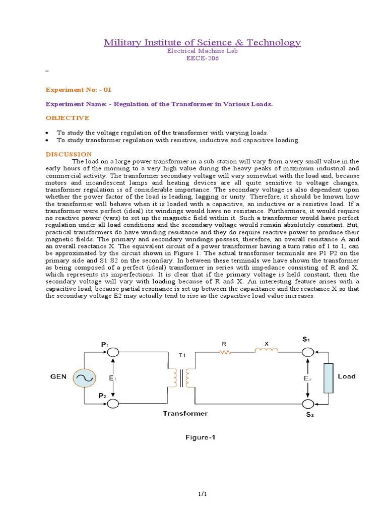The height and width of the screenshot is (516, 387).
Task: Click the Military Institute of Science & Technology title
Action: [202, 42]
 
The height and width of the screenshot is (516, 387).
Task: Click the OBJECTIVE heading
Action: [67, 118]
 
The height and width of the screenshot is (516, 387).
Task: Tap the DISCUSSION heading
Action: [69, 154]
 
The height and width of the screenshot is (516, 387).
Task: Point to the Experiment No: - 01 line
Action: [78, 89]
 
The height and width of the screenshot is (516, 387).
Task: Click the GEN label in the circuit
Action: [58, 376]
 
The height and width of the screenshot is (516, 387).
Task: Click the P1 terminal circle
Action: [113, 352]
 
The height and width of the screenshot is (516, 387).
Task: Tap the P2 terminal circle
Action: [113, 403]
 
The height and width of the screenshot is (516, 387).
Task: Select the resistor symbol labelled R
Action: [225, 352]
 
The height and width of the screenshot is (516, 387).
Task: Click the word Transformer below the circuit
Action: [185, 414]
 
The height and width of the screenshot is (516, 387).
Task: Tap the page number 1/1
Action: [203, 496]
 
